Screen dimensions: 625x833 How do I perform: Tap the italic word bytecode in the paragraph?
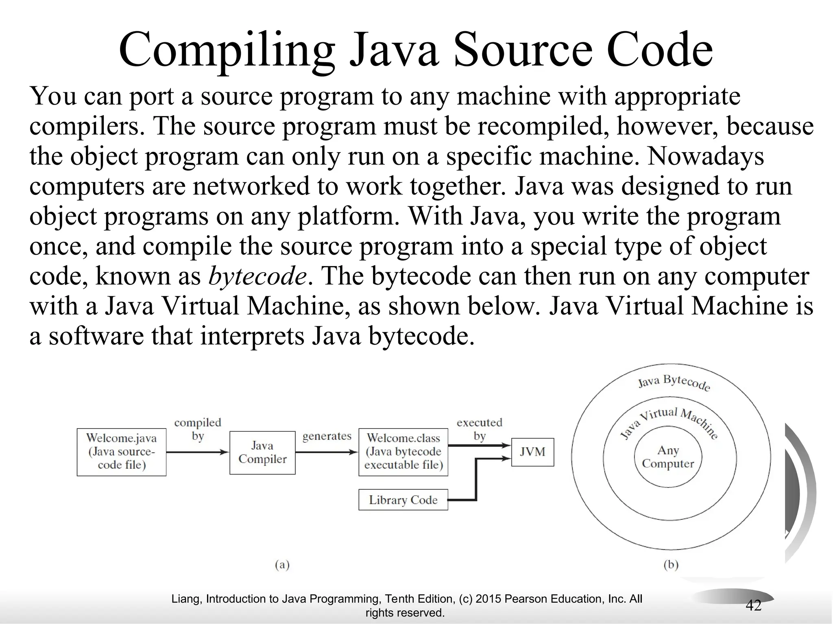click(257, 277)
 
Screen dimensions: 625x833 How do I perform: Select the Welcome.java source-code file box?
click(121, 452)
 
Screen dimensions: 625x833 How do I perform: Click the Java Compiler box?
click(262, 452)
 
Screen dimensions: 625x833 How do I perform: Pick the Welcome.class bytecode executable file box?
click(403, 452)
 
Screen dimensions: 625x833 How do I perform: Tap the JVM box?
click(532, 452)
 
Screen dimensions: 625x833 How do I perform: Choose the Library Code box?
click(403, 500)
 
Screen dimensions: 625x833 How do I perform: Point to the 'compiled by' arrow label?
click(198, 429)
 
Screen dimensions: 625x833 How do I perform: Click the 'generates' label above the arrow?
click(327, 436)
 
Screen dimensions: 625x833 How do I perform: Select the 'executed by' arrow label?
click(480, 429)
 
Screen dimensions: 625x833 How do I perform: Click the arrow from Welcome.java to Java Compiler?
click(198, 452)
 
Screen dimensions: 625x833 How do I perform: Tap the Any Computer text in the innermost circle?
click(668, 457)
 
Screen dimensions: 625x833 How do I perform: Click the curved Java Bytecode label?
click(674, 382)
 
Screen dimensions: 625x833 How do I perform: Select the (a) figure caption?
click(282, 565)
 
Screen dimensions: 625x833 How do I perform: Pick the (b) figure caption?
click(671, 565)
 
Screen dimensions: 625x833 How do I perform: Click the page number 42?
click(753, 605)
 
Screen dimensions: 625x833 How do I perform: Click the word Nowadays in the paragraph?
click(706, 157)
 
